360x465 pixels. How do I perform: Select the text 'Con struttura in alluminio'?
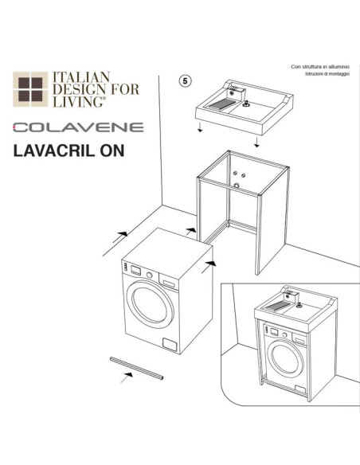(321, 67)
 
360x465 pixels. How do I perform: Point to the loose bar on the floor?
(136, 367)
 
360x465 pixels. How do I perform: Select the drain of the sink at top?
(246, 104)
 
